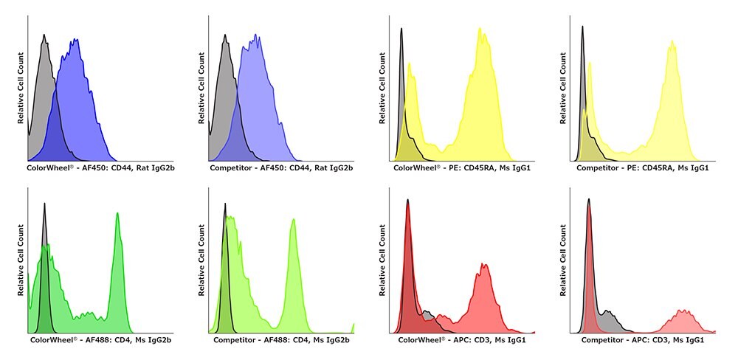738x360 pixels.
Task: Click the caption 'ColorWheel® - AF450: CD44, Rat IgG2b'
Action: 100,169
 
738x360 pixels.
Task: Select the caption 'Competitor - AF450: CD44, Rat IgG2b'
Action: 281,169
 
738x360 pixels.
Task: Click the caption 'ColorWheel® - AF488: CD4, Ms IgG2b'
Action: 101,341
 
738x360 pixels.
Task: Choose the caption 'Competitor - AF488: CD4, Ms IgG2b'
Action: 281,341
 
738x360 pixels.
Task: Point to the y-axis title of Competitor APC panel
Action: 564,261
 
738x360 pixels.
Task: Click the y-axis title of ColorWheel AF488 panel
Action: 21,261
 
